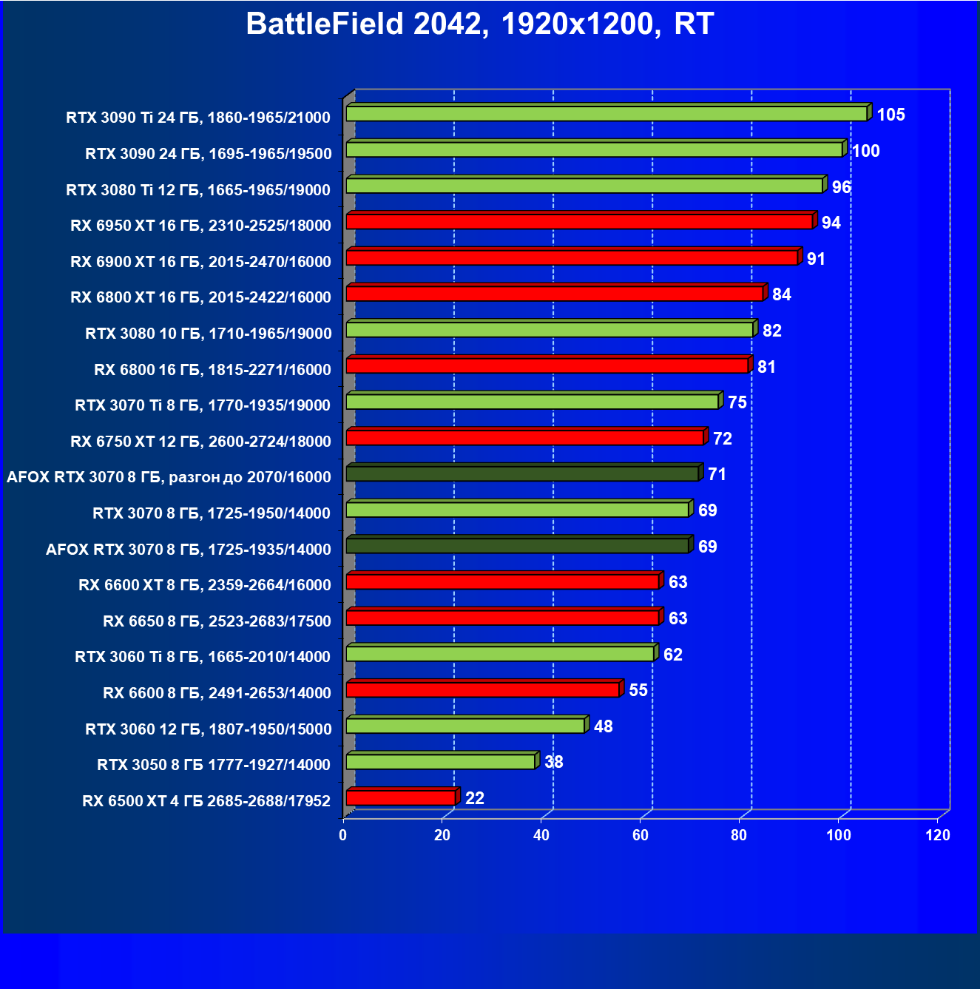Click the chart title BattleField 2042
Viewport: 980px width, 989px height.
pyautogui.click(x=479, y=24)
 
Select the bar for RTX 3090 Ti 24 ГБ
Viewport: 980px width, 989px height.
pyautogui.click(x=606, y=113)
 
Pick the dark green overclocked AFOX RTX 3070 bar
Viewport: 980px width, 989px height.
pyautogui.click(x=522, y=473)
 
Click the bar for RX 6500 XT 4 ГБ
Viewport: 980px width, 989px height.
pyautogui.click(x=401, y=797)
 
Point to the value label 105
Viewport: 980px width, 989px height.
pyautogui.click(x=891, y=115)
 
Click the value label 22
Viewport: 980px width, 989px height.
pyautogui.click(x=475, y=798)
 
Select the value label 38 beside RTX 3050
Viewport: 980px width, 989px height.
pyautogui.click(x=554, y=762)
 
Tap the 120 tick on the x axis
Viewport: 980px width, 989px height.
pyautogui.click(x=938, y=835)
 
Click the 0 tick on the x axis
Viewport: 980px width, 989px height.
pyautogui.click(x=343, y=835)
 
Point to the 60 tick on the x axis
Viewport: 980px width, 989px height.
pyautogui.click(x=641, y=835)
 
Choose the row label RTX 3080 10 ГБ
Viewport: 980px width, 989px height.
pyautogui.click(x=209, y=334)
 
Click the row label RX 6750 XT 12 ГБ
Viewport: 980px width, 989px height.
pyautogui.click(x=200, y=442)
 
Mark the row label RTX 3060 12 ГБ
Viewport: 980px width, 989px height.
pyautogui.click(x=209, y=729)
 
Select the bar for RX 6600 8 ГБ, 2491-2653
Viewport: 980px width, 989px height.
pyautogui.click(x=482, y=689)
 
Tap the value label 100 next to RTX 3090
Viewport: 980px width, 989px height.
pyautogui.click(x=865, y=151)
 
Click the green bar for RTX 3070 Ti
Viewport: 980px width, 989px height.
pyautogui.click(x=533, y=402)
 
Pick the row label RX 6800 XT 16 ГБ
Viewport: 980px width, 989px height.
pyautogui.click(x=200, y=297)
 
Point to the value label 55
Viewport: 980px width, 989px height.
pyautogui.click(x=638, y=690)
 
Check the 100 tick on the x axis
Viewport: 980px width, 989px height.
pyautogui.click(x=839, y=835)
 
